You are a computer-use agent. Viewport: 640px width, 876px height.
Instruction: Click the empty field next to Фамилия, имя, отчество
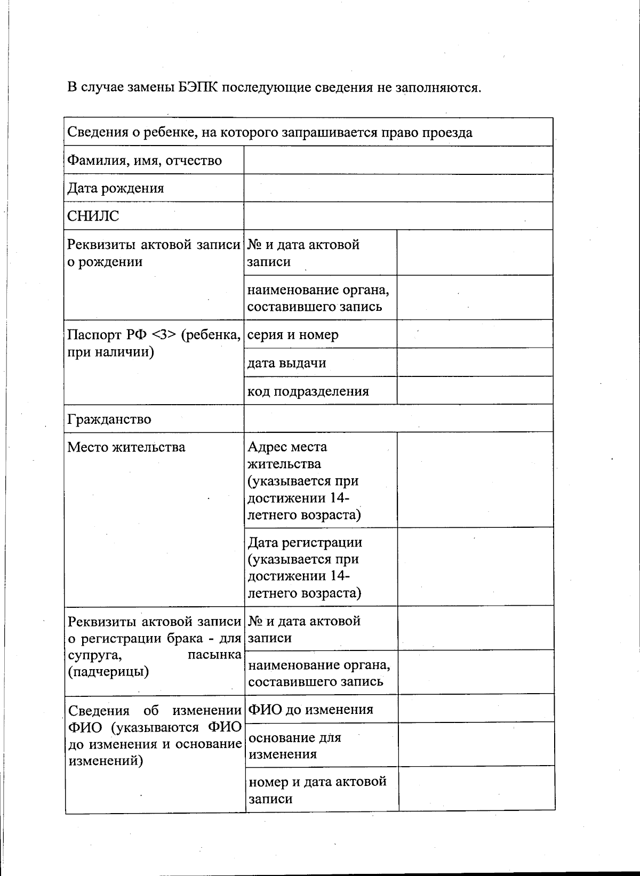[398, 160]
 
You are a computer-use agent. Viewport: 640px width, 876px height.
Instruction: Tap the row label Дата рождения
[116, 188]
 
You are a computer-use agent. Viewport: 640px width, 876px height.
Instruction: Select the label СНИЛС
[93, 216]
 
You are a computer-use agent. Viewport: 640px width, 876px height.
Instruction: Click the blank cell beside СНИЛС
[398, 216]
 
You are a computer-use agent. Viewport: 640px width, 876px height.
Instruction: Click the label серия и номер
[293, 335]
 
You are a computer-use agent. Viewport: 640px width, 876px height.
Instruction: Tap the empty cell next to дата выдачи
[475, 363]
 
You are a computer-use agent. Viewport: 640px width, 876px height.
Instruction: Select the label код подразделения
[308, 391]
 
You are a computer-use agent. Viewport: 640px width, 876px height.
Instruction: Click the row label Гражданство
[109, 419]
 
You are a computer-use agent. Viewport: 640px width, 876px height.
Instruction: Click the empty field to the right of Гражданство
[398, 419]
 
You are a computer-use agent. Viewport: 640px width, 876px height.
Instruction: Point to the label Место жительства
[126, 447]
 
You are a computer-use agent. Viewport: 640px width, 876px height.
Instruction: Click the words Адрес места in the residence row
[287, 447]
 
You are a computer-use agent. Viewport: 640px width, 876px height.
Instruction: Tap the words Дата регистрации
[305, 542]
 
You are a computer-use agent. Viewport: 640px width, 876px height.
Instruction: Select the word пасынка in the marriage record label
[214, 655]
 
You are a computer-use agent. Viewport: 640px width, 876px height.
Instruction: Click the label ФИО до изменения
[310, 710]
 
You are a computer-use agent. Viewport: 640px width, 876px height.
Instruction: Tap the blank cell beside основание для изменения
[476, 745]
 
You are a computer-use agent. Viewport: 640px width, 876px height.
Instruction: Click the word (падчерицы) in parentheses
[108, 672]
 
